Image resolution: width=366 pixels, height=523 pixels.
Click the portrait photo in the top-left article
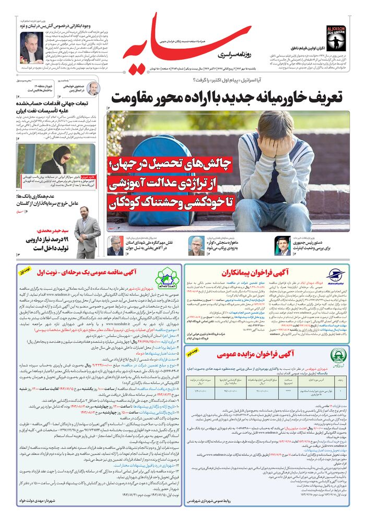coord(32,47)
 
